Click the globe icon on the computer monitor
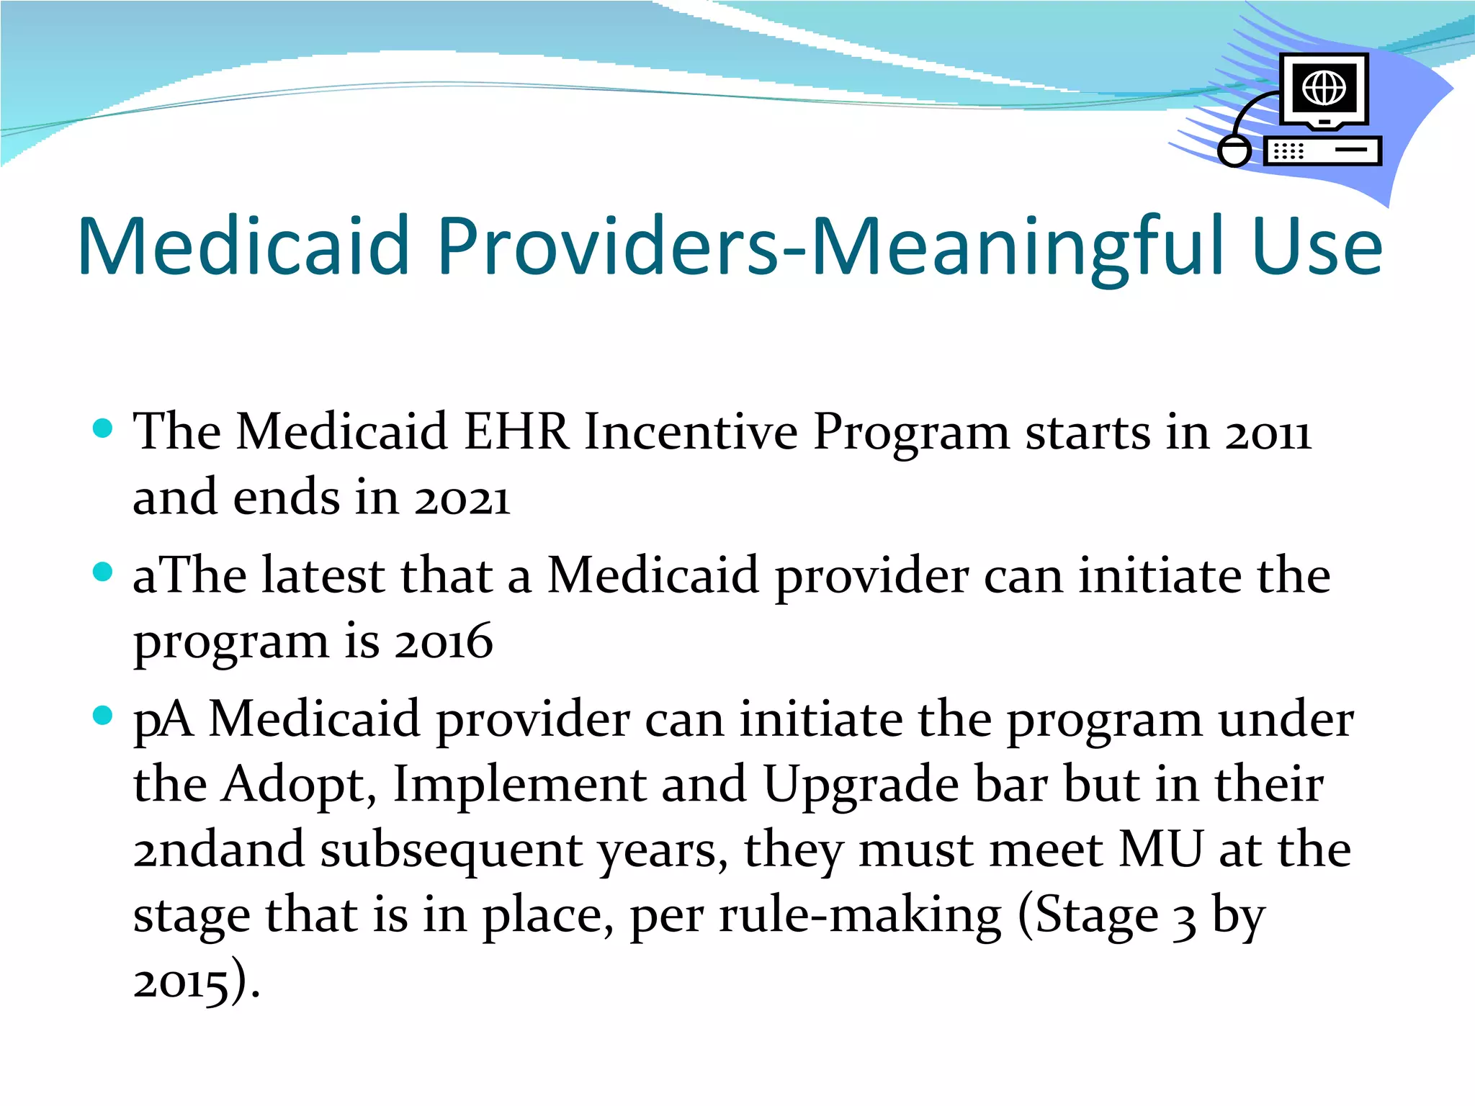click(1324, 88)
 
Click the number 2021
click(462, 499)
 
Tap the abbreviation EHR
click(516, 433)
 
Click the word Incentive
click(691, 433)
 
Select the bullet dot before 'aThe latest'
click(104, 572)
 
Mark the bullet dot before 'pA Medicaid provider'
click(104, 716)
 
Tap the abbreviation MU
click(1160, 850)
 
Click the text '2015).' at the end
click(196, 982)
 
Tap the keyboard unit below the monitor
click(1322, 151)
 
